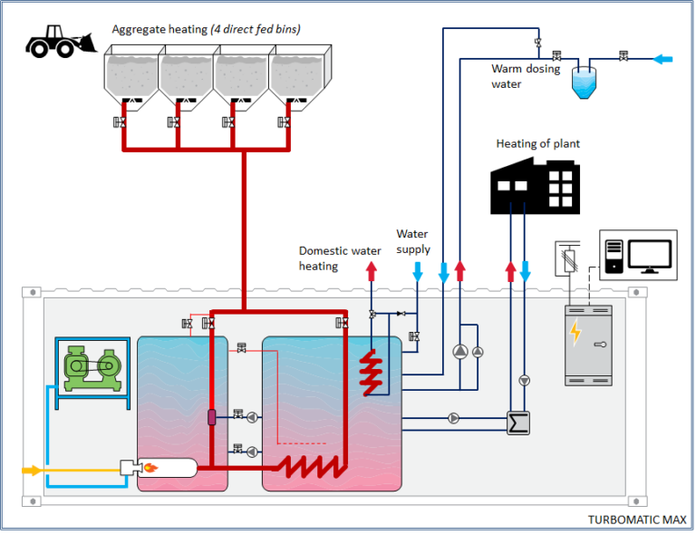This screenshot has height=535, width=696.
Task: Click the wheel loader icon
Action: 60,41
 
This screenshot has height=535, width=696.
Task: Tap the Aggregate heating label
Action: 206,29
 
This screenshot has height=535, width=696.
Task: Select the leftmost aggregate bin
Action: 132,77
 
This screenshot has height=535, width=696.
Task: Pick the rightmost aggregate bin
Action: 296,77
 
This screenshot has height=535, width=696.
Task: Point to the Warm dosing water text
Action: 526,76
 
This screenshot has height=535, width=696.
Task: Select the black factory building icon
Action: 535,185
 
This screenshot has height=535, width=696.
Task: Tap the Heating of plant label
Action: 537,143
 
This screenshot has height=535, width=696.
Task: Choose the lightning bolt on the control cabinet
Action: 575,333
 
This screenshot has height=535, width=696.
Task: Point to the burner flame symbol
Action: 152,469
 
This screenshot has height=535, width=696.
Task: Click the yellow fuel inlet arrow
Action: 31,470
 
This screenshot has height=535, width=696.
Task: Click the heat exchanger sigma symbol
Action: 517,423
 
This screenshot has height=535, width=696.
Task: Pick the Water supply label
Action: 412,242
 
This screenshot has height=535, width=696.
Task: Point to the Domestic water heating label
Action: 331,258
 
